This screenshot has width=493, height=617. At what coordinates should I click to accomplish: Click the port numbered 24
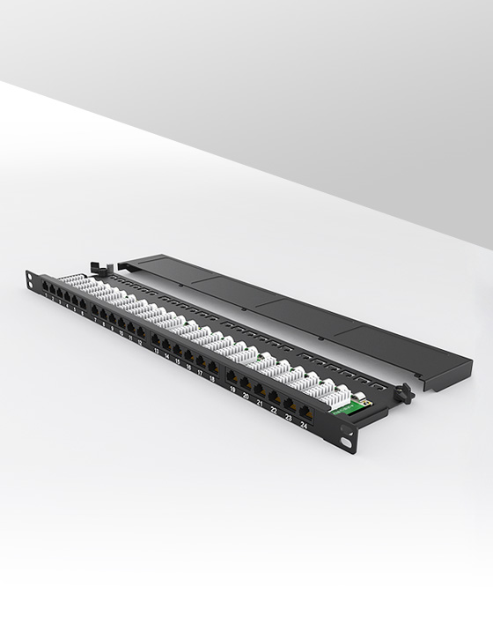(x=305, y=413)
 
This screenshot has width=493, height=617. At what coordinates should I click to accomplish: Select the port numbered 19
(x=232, y=377)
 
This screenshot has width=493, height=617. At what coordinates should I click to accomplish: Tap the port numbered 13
(x=155, y=339)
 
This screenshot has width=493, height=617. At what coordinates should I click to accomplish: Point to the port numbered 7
(x=95, y=310)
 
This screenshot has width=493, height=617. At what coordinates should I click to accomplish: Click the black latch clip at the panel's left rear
(x=95, y=267)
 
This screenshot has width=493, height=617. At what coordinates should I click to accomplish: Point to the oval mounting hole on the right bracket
(x=345, y=442)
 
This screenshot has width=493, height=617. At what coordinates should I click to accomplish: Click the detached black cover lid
(x=299, y=316)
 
